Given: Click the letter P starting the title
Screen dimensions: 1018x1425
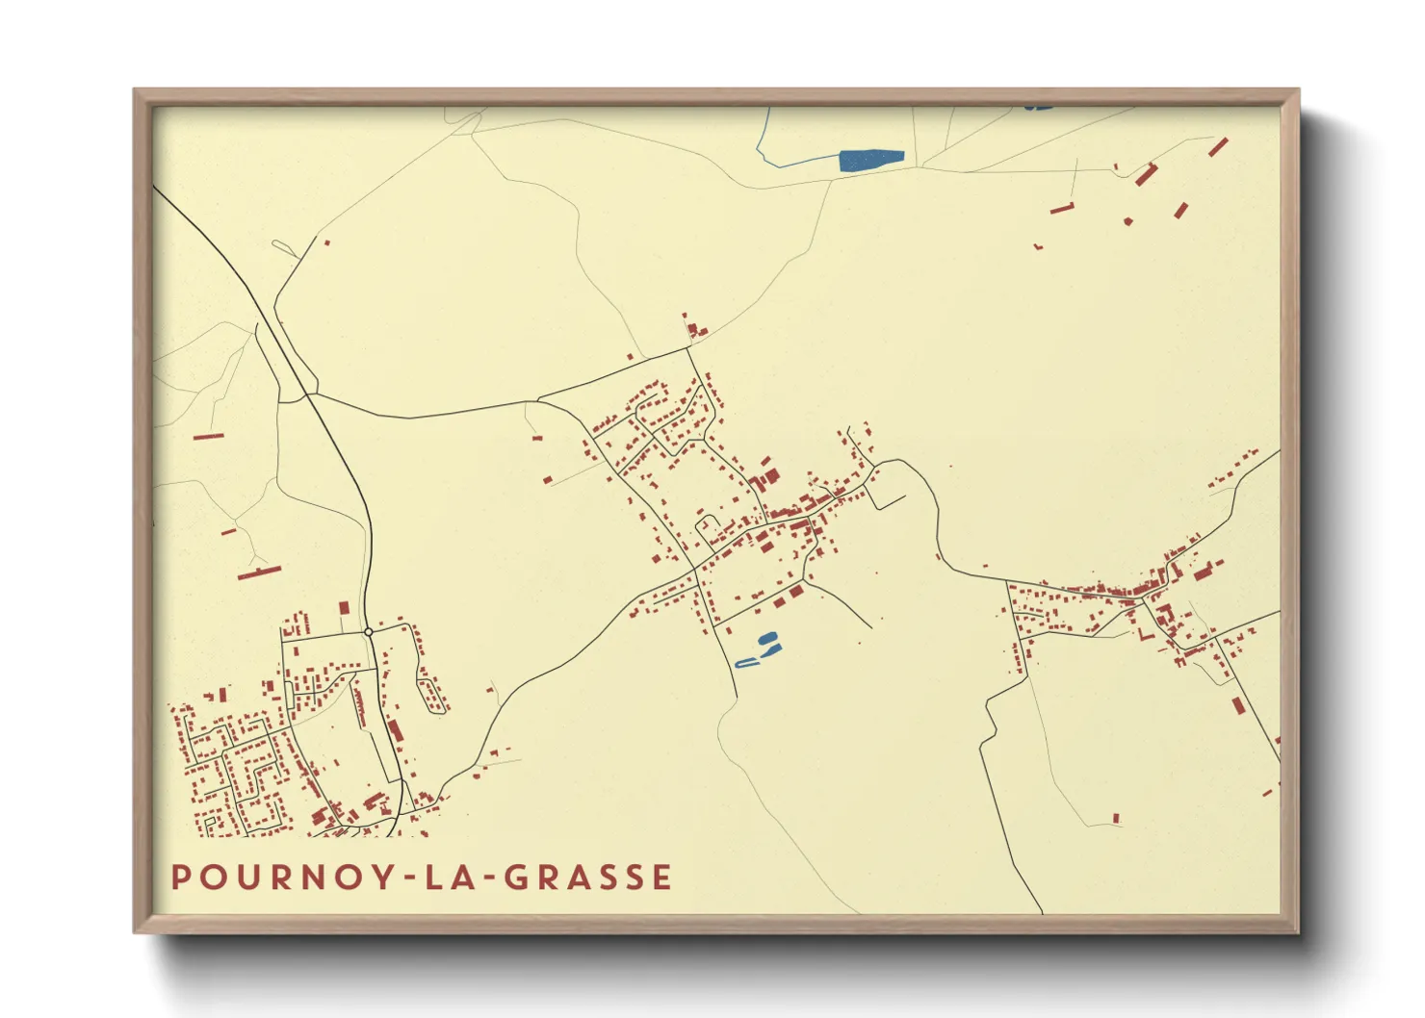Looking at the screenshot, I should [180, 878].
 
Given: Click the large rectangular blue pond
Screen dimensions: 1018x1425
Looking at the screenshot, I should [871, 160].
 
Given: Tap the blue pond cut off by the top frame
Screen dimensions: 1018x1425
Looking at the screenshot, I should [1038, 107].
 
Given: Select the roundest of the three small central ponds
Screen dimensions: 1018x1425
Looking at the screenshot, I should [767, 638].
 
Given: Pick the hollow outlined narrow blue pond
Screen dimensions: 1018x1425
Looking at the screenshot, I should [746, 663].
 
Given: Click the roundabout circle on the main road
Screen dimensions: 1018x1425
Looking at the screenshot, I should [369, 632].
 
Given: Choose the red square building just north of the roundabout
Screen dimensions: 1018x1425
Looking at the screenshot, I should [344, 608].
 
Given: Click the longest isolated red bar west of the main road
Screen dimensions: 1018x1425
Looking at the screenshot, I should [259, 573].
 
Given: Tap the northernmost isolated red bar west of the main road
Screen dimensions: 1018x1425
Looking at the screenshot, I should [208, 436].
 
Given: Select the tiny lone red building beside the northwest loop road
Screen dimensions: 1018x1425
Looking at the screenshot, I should [327, 242].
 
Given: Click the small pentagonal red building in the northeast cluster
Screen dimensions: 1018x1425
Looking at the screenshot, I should [1127, 221].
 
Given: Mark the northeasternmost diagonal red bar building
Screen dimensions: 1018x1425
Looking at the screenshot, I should [1218, 147].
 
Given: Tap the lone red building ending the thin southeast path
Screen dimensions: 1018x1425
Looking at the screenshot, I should [1116, 819].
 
